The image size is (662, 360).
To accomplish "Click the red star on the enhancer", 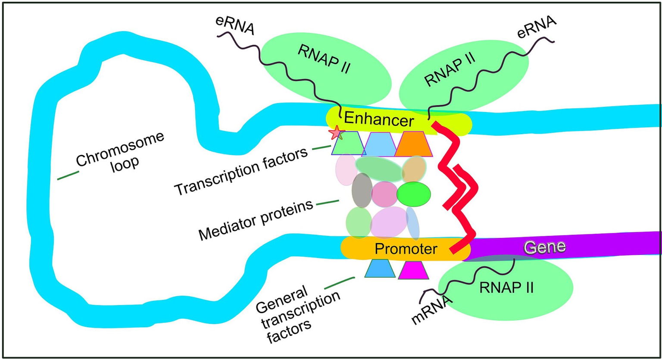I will pyautogui.click(x=335, y=134).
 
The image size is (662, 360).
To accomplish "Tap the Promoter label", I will pyautogui.click(x=406, y=248).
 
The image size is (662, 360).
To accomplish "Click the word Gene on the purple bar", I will pyautogui.click(x=544, y=247).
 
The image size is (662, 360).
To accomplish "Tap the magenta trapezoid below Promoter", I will pyautogui.click(x=413, y=270).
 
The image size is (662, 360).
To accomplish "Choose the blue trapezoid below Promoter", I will pyautogui.click(x=380, y=269).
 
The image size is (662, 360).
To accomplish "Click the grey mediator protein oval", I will pyautogui.click(x=361, y=191).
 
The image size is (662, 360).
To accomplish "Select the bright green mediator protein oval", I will pyautogui.click(x=413, y=194).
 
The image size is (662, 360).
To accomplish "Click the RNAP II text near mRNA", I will pyautogui.click(x=506, y=287).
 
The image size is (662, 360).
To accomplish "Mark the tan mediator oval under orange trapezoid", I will pyautogui.click(x=414, y=169).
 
